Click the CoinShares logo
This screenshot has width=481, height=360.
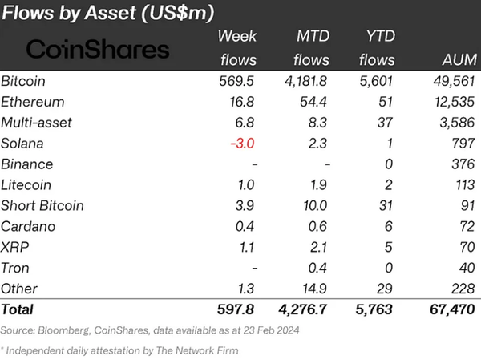point(98,50)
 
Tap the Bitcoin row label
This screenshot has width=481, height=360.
point(23,81)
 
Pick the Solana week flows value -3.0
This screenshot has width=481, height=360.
point(243,143)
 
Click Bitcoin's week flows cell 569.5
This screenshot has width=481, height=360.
point(239,81)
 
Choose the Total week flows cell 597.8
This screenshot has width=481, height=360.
point(238,308)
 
